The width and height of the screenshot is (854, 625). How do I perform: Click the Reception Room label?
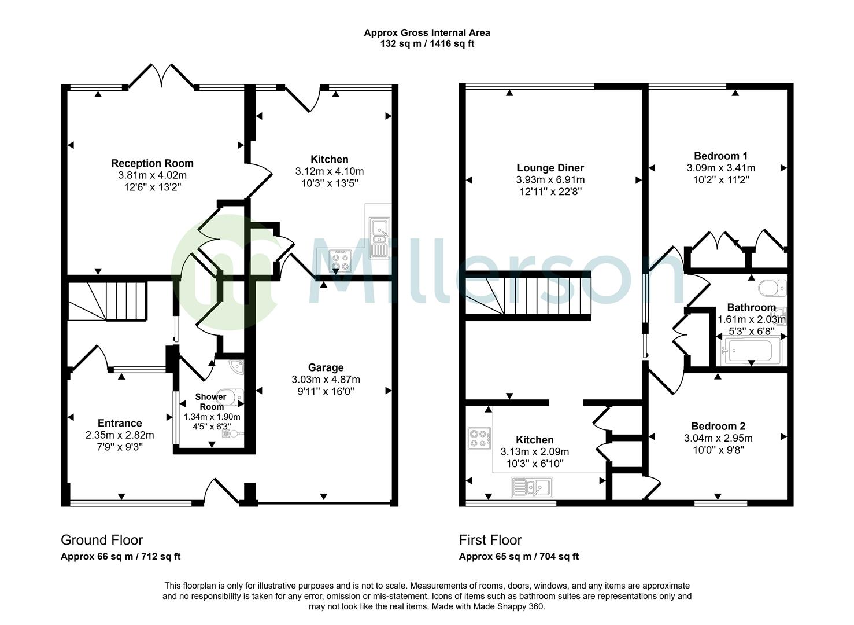[x=152, y=163]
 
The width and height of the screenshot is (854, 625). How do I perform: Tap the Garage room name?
[x=326, y=367]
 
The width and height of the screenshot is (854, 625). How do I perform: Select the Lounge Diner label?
[x=550, y=168]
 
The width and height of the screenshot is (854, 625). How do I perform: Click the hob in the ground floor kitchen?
[x=339, y=261]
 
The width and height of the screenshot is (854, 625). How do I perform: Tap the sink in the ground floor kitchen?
[x=380, y=237]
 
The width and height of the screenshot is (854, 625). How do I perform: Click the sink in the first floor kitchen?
[x=532, y=487]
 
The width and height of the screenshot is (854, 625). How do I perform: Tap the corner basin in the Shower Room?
[x=236, y=367]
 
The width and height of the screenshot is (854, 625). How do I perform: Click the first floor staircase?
[x=528, y=296]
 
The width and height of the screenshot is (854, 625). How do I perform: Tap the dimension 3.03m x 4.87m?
[x=326, y=380]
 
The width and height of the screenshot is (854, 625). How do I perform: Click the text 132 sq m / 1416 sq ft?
[x=427, y=44]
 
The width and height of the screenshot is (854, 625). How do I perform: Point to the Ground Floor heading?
[x=102, y=540]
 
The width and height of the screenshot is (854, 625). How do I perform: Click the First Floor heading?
[x=490, y=540]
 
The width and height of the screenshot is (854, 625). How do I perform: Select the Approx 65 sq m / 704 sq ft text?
[x=519, y=557]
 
